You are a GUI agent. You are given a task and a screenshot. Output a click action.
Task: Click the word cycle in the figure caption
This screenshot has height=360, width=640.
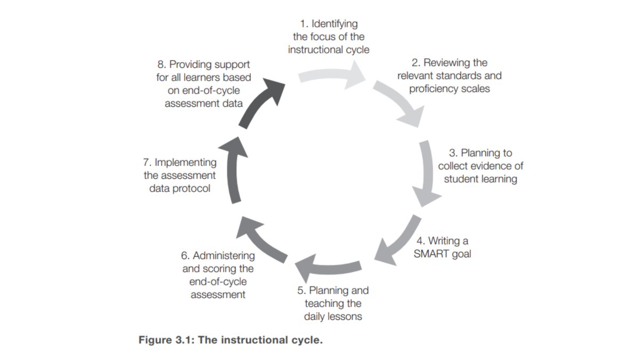click(307, 340)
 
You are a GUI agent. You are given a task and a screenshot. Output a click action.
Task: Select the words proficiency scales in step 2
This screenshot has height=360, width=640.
click(450, 89)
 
